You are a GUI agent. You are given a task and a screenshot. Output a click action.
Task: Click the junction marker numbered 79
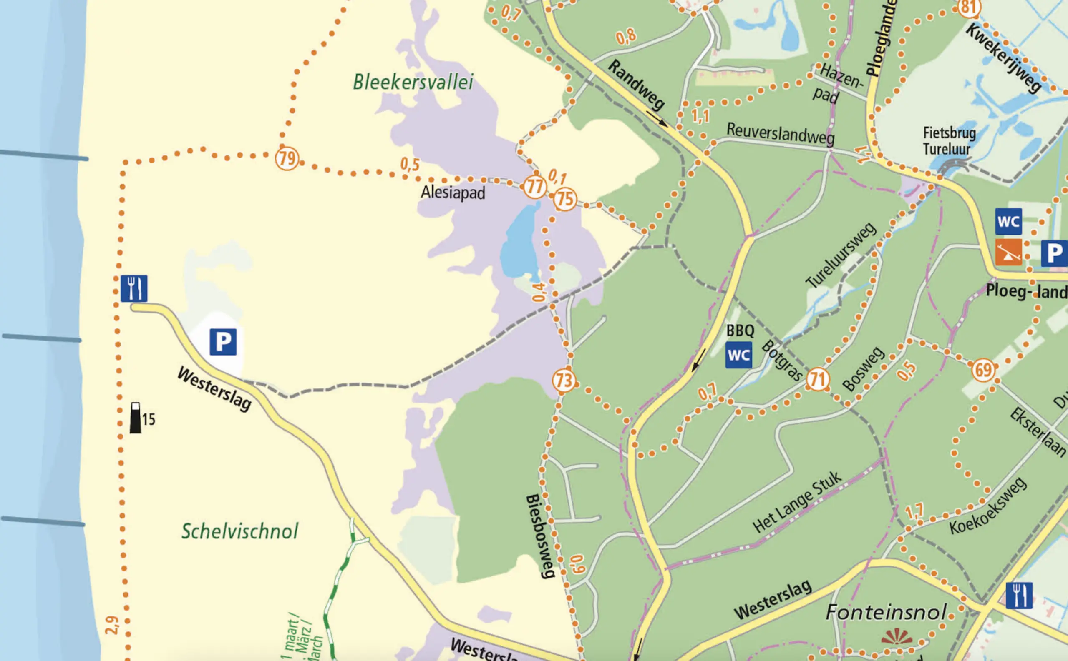tap(287, 158)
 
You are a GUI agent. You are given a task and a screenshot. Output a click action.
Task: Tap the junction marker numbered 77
tap(534, 187)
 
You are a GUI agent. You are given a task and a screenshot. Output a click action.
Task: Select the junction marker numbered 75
tap(565, 199)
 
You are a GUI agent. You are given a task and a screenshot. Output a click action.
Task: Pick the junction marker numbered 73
tap(564, 381)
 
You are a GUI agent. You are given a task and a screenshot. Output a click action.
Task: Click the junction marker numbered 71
tap(817, 379)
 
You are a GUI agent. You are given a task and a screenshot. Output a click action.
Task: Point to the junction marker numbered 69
tap(984, 370)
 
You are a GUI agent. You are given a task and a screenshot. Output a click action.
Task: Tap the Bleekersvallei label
tap(413, 82)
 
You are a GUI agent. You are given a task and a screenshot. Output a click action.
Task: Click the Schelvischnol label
tap(240, 531)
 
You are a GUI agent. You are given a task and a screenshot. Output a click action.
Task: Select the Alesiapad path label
tap(453, 193)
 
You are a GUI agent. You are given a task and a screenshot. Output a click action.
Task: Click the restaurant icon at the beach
tap(134, 288)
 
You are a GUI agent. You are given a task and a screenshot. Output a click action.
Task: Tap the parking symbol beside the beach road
tap(223, 342)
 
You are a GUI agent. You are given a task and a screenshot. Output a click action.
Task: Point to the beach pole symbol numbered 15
tap(136, 418)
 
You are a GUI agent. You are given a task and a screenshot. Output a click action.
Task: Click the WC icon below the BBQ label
tap(739, 355)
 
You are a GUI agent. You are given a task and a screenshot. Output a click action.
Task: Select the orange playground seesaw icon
tap(1008, 252)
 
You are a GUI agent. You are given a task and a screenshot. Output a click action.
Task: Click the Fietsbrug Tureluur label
tap(949, 141)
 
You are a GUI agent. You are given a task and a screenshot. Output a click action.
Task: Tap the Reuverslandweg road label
tap(781, 133)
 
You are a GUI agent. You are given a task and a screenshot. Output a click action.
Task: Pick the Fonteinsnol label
tap(886, 612)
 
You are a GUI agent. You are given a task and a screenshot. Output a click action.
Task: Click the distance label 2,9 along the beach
tap(112, 625)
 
